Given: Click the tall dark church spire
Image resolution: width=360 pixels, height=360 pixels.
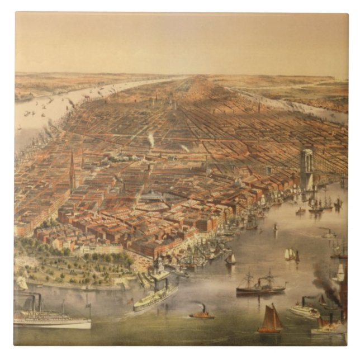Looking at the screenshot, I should [72, 170].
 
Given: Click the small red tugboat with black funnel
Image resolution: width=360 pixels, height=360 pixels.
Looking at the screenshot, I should [201, 314].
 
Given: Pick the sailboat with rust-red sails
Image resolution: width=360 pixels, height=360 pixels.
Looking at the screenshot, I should [271, 320].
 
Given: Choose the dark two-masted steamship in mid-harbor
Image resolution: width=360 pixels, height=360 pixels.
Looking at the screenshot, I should [260, 286].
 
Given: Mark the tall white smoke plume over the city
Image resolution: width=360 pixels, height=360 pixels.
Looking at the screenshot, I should [151, 139].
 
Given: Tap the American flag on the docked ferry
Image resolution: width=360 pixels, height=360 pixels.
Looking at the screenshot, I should [130, 301].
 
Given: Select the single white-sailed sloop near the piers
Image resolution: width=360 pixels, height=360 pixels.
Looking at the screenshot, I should [230, 258].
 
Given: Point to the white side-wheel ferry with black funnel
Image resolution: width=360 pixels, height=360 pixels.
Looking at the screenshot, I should [304, 310].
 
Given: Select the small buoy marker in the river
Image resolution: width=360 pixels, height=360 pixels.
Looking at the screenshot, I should [275, 227].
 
